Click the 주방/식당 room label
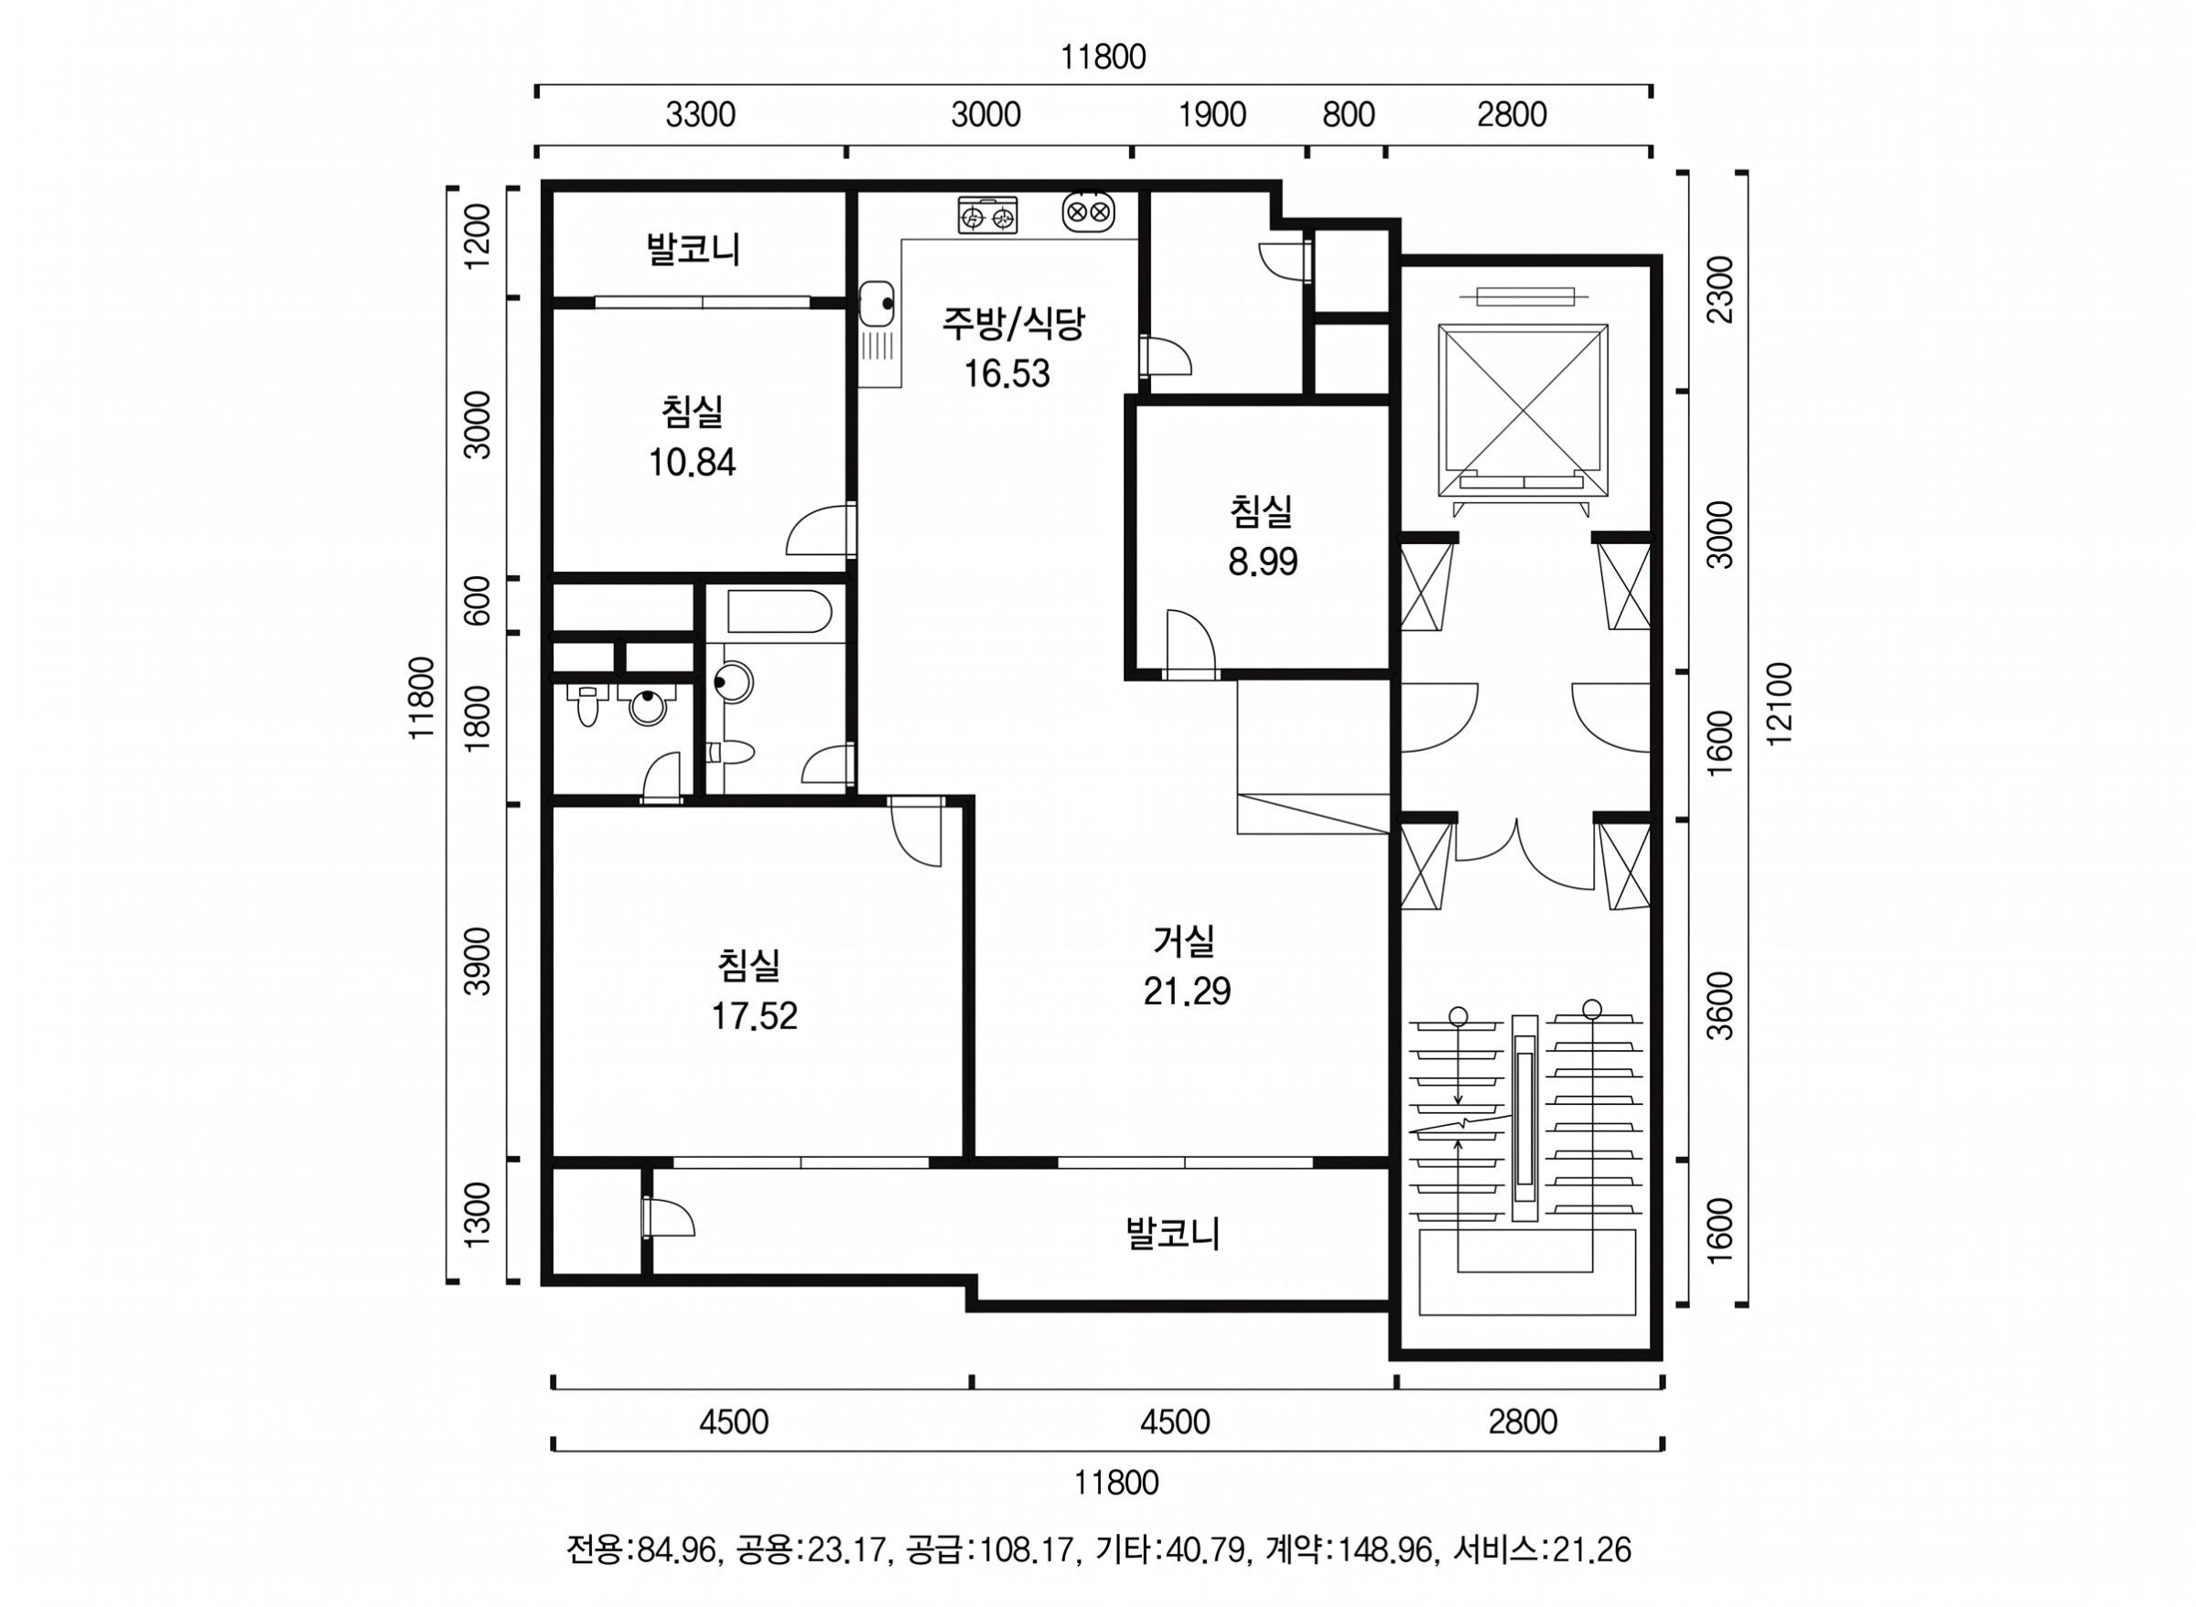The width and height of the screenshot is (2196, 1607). click(x=1012, y=324)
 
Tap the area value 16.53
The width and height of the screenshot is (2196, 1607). click(x=1007, y=373)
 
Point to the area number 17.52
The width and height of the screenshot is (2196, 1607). click(x=754, y=1016)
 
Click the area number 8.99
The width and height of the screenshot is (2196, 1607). click(x=1262, y=562)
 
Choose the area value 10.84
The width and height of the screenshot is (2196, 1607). click(x=692, y=462)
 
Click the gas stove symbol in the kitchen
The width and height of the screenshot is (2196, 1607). click(x=987, y=214)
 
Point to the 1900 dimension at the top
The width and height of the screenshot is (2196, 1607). click(x=1211, y=115)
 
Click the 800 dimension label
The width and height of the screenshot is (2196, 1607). click(x=1349, y=115)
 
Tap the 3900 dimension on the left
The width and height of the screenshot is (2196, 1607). click(x=478, y=961)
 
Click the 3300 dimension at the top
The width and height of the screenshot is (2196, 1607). click(x=701, y=115)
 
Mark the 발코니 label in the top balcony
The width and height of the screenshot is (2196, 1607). click(x=694, y=249)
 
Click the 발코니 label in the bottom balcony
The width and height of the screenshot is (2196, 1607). click(x=1172, y=1234)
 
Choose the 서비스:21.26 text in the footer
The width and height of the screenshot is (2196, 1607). click(x=1541, y=1548)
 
